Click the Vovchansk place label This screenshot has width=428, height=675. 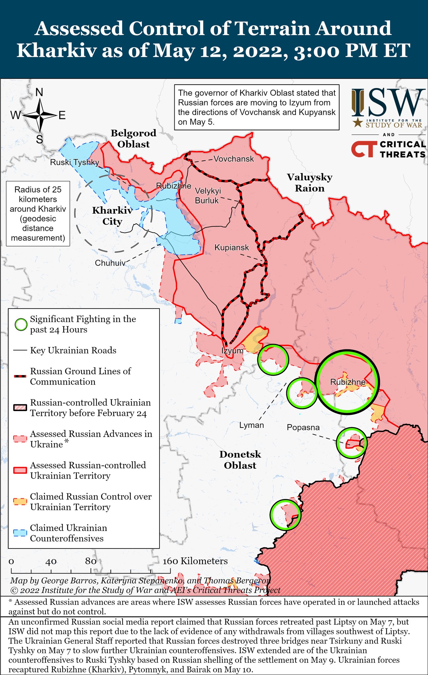234,159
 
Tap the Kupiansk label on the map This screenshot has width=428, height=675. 232,247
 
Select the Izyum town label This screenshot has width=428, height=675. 232,351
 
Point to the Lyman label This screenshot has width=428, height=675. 251,425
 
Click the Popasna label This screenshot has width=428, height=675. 303,427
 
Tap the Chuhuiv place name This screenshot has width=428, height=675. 110,263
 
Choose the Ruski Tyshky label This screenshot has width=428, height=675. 74,162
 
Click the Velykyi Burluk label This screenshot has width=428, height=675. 207,195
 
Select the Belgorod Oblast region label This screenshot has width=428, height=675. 133,138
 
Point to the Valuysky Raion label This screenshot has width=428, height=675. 309,183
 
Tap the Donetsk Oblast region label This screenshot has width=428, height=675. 240,460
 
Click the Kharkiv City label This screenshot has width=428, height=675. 112,216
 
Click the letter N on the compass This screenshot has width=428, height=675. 39,92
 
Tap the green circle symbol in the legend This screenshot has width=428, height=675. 21,325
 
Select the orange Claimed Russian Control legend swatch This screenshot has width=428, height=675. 20,501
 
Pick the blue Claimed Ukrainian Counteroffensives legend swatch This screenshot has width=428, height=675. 20,533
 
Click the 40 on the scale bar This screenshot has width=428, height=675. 51,561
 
